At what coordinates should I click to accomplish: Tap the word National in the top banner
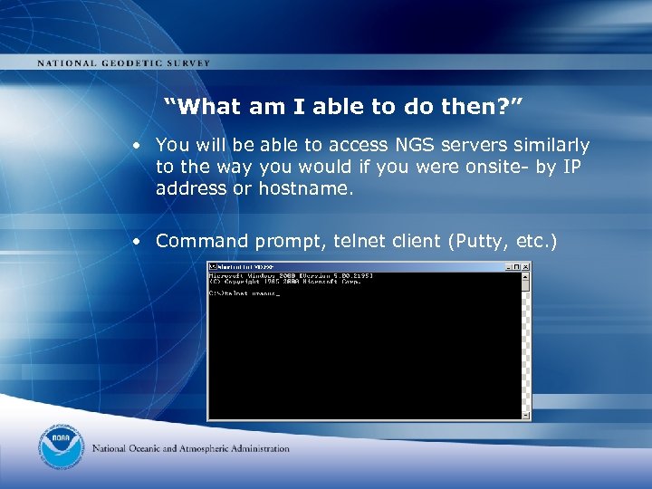pyautogui.click(x=68, y=63)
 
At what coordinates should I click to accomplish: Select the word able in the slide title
pyautogui.click(x=338, y=107)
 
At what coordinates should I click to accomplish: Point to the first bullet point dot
pyautogui.click(x=133, y=146)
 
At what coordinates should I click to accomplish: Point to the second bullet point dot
pyautogui.click(x=133, y=242)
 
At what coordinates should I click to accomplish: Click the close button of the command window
pyautogui.click(x=524, y=267)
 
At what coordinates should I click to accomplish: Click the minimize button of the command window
pyautogui.click(x=508, y=267)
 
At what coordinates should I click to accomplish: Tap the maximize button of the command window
pyautogui.click(x=516, y=267)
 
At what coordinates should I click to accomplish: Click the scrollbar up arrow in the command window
pyautogui.click(x=524, y=276)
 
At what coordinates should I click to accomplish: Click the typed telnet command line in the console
pyautogui.click(x=244, y=293)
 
